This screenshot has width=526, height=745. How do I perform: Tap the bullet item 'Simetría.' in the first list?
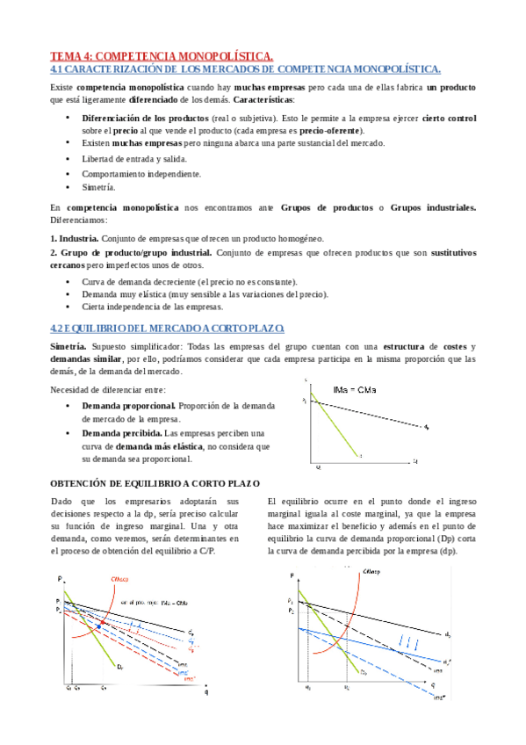pos(98,187)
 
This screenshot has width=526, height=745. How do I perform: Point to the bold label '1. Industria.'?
pos(74,238)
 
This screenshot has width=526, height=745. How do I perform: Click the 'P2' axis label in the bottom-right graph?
pos(292,608)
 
